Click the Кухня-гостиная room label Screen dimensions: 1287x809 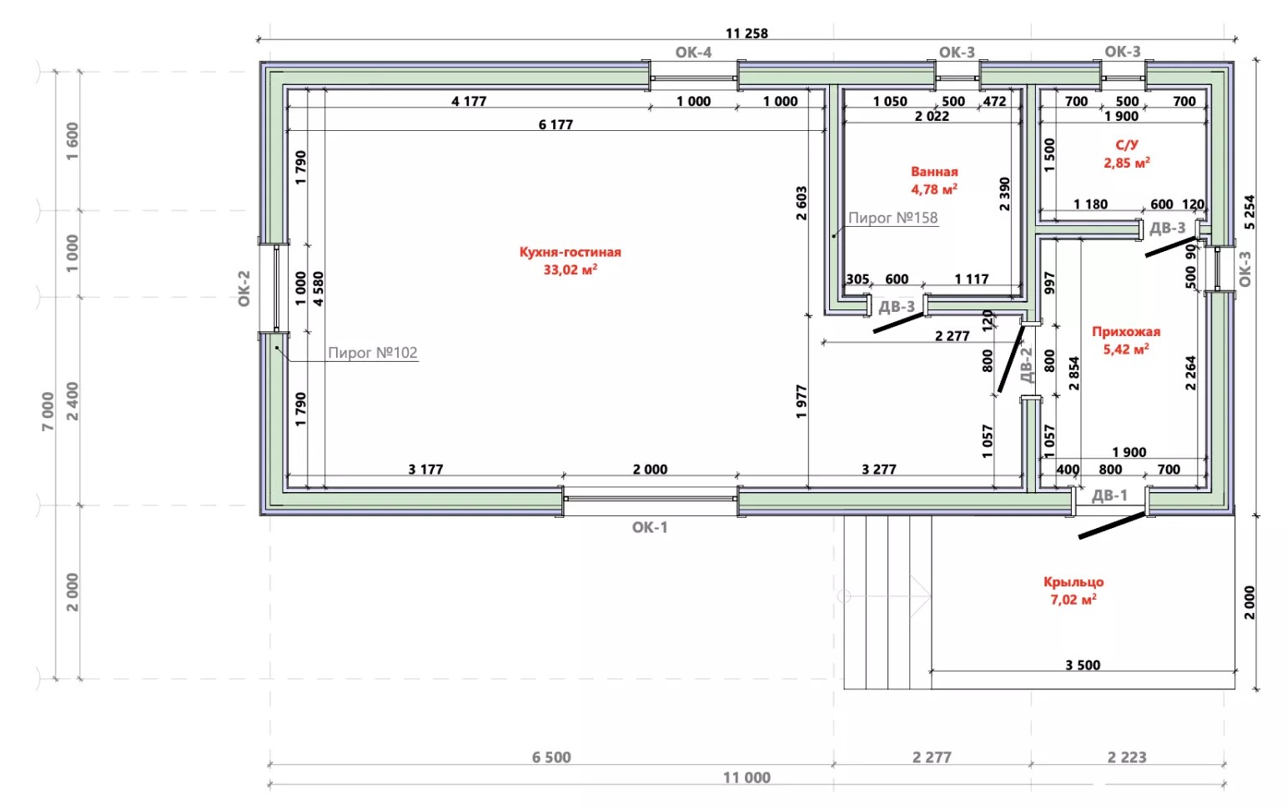pos(570,252)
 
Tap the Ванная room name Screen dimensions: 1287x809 pos(934,171)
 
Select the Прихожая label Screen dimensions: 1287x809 pos(1125,332)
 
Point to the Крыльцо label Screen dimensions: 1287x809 pos(1073,581)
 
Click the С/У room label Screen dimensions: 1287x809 pos(1126,145)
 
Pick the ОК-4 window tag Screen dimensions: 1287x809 pos(693,53)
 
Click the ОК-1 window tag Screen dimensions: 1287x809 pos(650,527)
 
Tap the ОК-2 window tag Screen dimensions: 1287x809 pos(244,289)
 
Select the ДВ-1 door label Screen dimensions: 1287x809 pos(1109,495)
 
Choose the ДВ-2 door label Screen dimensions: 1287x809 pos(1026,365)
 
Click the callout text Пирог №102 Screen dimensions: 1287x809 pos(372,352)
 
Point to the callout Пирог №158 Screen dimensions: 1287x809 pos(892,218)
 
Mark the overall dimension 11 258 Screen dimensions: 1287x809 pos(747,33)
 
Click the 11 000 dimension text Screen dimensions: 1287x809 pos(747,777)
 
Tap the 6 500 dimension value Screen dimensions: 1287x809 pos(551,757)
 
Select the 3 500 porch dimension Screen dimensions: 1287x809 pos(1083,665)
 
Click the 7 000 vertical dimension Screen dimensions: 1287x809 pos(48,411)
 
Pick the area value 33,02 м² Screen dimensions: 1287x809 pos(570,269)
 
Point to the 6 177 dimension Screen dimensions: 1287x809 pos(556,124)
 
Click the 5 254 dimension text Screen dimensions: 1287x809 pos(1249,212)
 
